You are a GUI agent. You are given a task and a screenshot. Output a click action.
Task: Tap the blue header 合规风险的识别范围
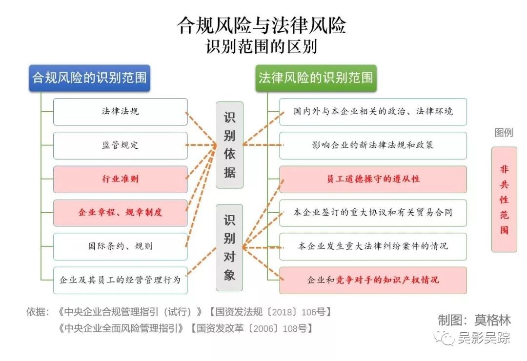point(89,78)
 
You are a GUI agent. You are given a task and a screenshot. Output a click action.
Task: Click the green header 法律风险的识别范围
point(316,78)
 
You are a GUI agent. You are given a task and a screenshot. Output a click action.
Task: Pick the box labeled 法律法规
point(120,112)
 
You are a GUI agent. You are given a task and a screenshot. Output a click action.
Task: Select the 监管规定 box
point(120,145)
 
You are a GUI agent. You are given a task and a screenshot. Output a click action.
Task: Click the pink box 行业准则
point(120,179)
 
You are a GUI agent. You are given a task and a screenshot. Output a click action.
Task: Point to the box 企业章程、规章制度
point(120,213)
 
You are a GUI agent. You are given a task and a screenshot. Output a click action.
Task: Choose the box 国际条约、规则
point(120,246)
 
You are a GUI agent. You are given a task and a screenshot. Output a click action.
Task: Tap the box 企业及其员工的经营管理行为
point(120,280)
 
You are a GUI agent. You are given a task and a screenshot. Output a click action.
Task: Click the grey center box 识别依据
point(229,145)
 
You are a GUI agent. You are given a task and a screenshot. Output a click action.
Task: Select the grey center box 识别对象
point(229,247)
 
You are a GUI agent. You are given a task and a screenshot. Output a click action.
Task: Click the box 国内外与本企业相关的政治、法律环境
point(373,112)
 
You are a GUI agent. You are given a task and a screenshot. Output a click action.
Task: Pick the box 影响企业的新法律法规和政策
point(373,145)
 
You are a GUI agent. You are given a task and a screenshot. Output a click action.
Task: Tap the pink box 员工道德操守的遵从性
point(373,179)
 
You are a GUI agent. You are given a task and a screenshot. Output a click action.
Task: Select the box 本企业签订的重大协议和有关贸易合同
point(373,213)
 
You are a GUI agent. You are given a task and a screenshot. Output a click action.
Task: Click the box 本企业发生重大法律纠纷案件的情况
point(373,246)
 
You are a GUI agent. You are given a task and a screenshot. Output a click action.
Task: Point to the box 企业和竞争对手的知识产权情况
point(373,280)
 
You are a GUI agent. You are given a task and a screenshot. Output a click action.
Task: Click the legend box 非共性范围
point(504,199)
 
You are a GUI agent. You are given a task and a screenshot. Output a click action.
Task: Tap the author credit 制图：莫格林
point(474,320)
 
